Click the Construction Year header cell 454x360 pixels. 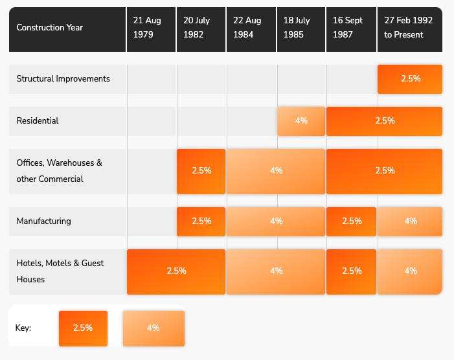pos(50,28)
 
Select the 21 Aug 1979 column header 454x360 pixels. pos(151,28)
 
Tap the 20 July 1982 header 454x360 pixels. pos(201,28)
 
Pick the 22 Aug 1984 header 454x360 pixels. pos(251,28)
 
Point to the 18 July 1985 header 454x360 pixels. pos(301,28)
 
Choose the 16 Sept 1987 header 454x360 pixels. pos(351,28)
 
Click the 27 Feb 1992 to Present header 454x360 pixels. pos(409,28)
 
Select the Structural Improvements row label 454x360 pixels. pos(63,79)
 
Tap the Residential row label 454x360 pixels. pos(38,121)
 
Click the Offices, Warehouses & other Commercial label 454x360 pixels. pos(60,171)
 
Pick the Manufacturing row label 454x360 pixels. pos(44,221)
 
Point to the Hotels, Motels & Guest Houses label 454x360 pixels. pos(60,271)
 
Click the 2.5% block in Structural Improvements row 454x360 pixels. pos(410,79)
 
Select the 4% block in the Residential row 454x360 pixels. pos(301,121)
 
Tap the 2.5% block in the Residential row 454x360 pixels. pos(384,121)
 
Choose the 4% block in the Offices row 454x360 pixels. pos(276,171)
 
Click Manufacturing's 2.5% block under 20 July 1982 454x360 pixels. pos(201,221)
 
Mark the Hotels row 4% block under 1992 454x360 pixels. pos(410,271)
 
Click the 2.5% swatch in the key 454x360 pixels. pos(83,328)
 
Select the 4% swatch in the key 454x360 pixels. pos(153,328)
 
